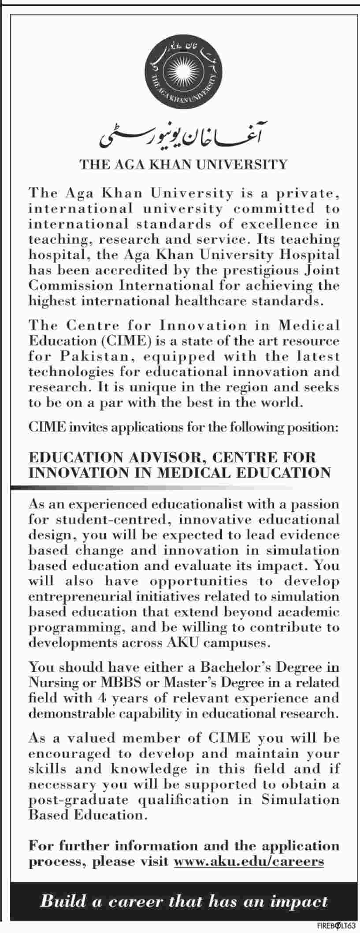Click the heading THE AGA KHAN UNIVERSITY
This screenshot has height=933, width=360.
tap(183, 165)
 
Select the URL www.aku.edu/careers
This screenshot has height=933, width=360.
tap(249, 862)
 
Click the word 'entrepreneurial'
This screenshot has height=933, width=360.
tap(83, 597)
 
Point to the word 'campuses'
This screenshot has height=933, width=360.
tap(239, 643)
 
